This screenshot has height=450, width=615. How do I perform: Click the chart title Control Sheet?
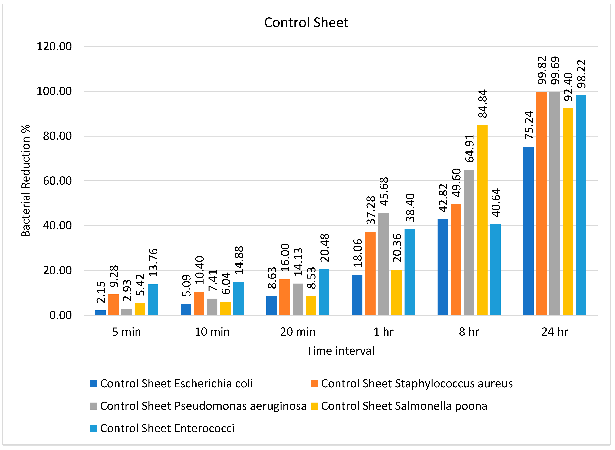(x=306, y=23)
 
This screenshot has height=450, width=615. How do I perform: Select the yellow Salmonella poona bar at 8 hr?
(x=482, y=220)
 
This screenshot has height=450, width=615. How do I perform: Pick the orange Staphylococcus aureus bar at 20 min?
(x=285, y=297)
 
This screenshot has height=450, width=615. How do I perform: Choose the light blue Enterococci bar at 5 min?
(x=153, y=300)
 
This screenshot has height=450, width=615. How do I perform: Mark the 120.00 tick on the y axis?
(x=54, y=47)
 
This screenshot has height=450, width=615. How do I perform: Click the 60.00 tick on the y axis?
(x=57, y=181)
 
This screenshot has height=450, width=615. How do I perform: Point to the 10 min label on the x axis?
(x=212, y=332)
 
